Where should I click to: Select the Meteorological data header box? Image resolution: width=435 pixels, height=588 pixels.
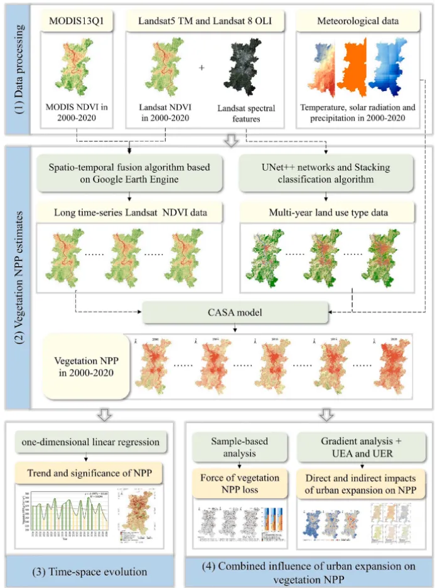point(357,21)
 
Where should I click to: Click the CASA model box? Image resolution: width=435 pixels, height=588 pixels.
point(235,312)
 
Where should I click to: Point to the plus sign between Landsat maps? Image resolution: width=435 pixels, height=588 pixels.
point(201,66)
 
